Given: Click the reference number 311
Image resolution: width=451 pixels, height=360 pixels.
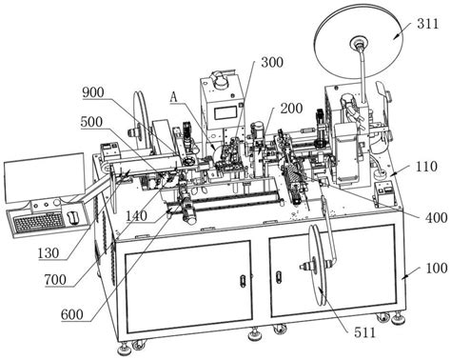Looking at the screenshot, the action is pyautogui.click(x=428, y=24).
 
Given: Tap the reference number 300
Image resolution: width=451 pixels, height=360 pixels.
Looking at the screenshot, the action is pyautogui.click(x=272, y=62).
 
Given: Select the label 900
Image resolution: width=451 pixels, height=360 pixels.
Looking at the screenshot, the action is pyautogui.click(x=93, y=92).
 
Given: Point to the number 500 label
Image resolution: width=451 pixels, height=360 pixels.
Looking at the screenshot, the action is pyautogui.click(x=91, y=122).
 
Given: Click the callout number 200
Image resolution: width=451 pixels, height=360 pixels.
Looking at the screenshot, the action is pyautogui.click(x=291, y=109).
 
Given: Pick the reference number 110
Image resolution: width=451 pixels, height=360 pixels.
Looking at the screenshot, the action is pyautogui.click(x=426, y=167).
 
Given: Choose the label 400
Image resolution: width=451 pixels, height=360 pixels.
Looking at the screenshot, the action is pyautogui.click(x=437, y=218).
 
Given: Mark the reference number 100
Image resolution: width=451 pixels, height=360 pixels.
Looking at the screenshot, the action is pyautogui.click(x=437, y=269).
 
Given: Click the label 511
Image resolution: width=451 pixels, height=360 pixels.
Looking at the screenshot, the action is pyautogui.click(x=364, y=332).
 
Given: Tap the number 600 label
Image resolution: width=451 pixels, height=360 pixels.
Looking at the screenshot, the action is pyautogui.click(x=72, y=315).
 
